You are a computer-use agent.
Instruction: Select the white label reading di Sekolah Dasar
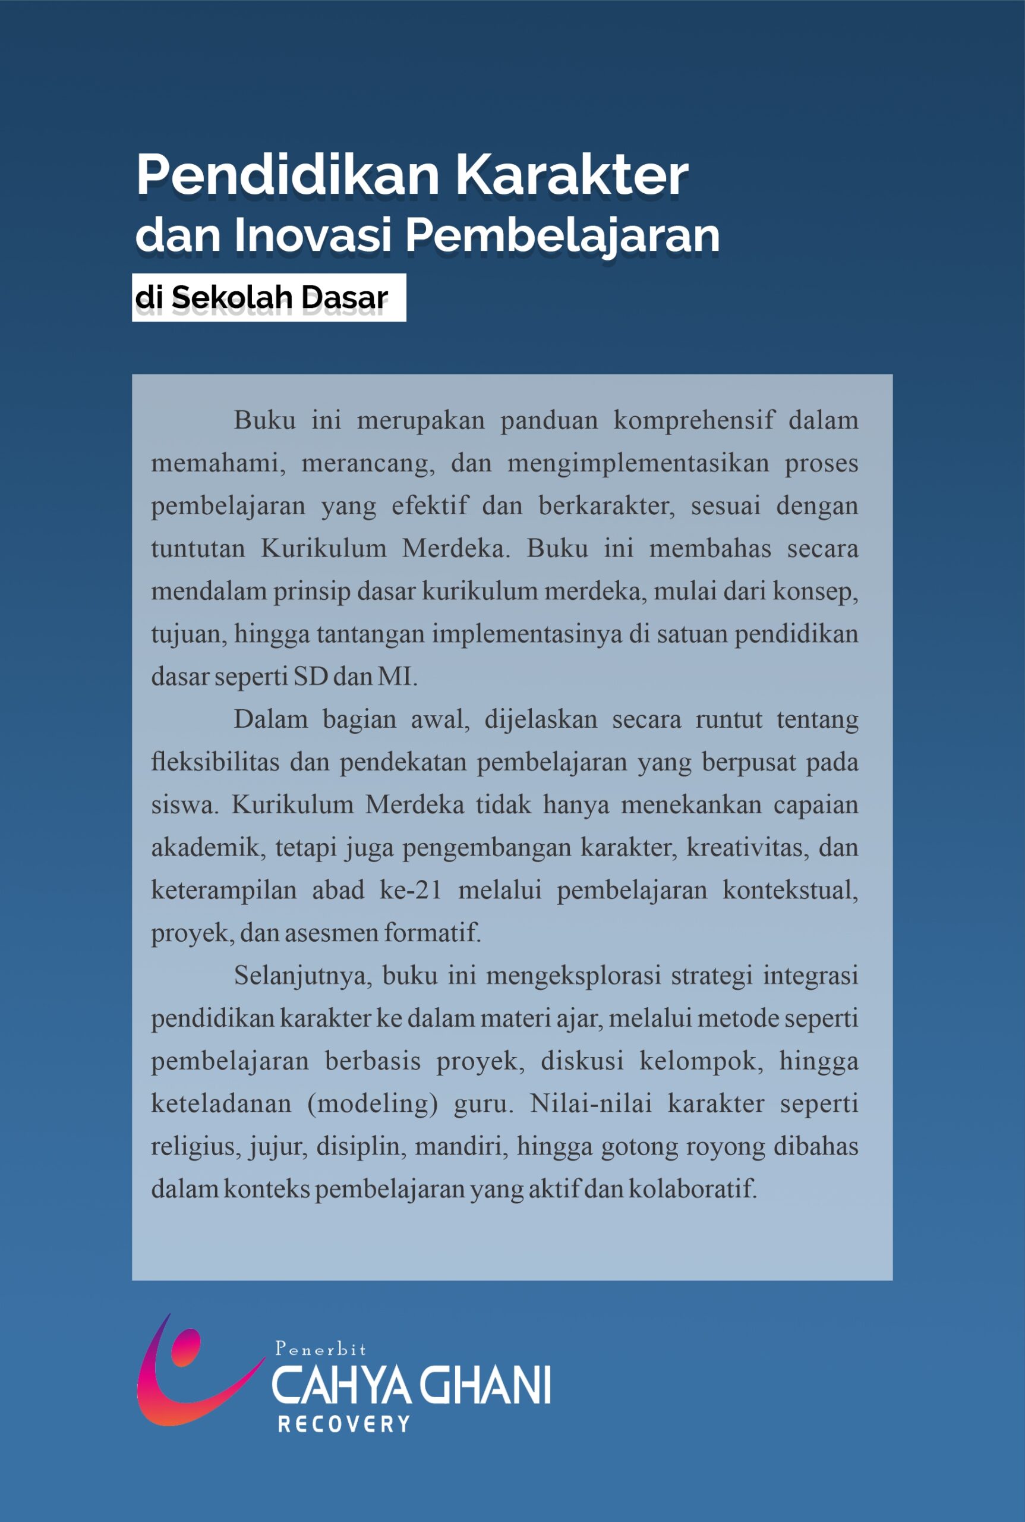269,298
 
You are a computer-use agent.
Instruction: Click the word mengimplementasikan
638,463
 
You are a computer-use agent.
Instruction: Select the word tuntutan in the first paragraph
198,548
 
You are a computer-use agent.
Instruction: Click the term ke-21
411,890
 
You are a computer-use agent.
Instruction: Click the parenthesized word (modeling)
372,1104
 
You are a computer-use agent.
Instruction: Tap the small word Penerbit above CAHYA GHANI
320,1348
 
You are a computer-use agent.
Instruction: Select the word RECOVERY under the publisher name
344,1424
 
